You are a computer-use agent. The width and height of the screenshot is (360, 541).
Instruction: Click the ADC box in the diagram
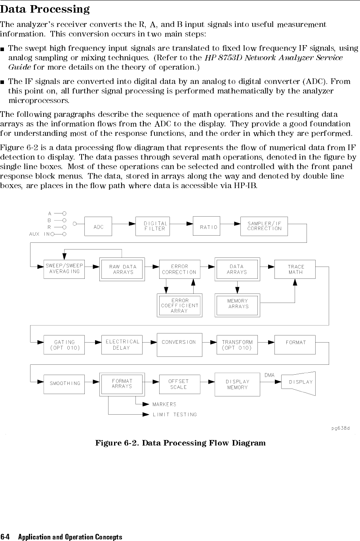point(99,227)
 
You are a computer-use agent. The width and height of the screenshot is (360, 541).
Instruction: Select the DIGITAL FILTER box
point(153,226)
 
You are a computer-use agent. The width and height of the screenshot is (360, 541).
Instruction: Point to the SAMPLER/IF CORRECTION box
point(264,226)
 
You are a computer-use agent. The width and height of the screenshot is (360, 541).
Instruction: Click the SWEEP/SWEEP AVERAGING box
point(64,269)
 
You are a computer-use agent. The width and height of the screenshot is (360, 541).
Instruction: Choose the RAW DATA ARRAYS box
point(123,269)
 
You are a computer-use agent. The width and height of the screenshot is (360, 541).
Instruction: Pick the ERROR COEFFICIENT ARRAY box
point(179,305)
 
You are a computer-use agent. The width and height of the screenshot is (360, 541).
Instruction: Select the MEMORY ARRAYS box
point(238,305)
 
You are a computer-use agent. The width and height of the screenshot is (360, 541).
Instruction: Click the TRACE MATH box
point(295,269)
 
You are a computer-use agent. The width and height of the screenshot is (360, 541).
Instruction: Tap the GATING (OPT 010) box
point(64,345)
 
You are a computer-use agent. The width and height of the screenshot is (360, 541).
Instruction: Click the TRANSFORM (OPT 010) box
point(237,345)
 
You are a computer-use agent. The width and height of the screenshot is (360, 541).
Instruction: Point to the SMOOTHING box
point(64,383)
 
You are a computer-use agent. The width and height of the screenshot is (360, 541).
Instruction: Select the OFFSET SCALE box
point(179,384)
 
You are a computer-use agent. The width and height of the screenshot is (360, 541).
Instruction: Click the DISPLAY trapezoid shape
point(299,383)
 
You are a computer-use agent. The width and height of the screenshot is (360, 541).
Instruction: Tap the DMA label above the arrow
point(269,375)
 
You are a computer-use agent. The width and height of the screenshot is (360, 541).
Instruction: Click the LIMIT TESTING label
point(175,415)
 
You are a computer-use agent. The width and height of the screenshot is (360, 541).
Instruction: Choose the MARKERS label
point(164,404)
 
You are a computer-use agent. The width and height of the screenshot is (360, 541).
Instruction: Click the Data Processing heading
point(45,9)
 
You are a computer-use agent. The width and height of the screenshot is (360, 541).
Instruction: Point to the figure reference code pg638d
point(341,429)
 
